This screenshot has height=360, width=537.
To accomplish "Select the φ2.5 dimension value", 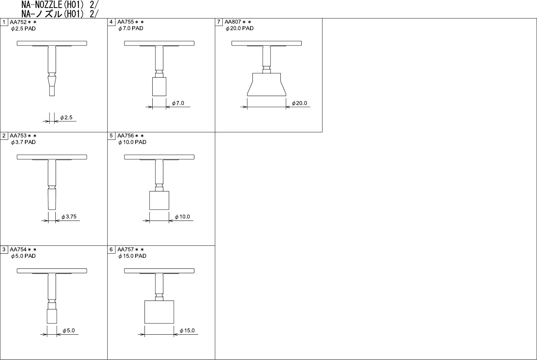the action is (66, 118).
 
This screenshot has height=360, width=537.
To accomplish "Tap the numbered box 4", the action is (111, 22).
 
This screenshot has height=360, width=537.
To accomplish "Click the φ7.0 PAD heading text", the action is (131, 28).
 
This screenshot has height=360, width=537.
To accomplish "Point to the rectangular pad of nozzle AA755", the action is (159, 86).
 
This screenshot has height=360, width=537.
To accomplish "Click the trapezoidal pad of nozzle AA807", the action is (267, 85).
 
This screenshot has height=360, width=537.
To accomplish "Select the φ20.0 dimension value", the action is (300, 103).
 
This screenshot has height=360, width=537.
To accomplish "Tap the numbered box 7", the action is (219, 22).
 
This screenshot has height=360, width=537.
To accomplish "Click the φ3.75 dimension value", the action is (69, 217).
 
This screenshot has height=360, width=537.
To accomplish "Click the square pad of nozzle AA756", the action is (159, 200).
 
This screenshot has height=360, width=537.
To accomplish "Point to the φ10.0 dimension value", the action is (182, 217).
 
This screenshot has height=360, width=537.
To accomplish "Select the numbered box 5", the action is (111, 136).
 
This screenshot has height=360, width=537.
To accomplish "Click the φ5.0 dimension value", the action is (69, 331).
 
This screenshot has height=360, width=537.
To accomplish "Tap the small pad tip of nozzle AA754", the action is (52, 316).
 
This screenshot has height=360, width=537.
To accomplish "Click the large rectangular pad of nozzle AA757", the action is (159, 312).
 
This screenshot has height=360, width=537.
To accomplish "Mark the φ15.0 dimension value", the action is (187, 331).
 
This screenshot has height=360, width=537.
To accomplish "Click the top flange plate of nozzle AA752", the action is (52, 43).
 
